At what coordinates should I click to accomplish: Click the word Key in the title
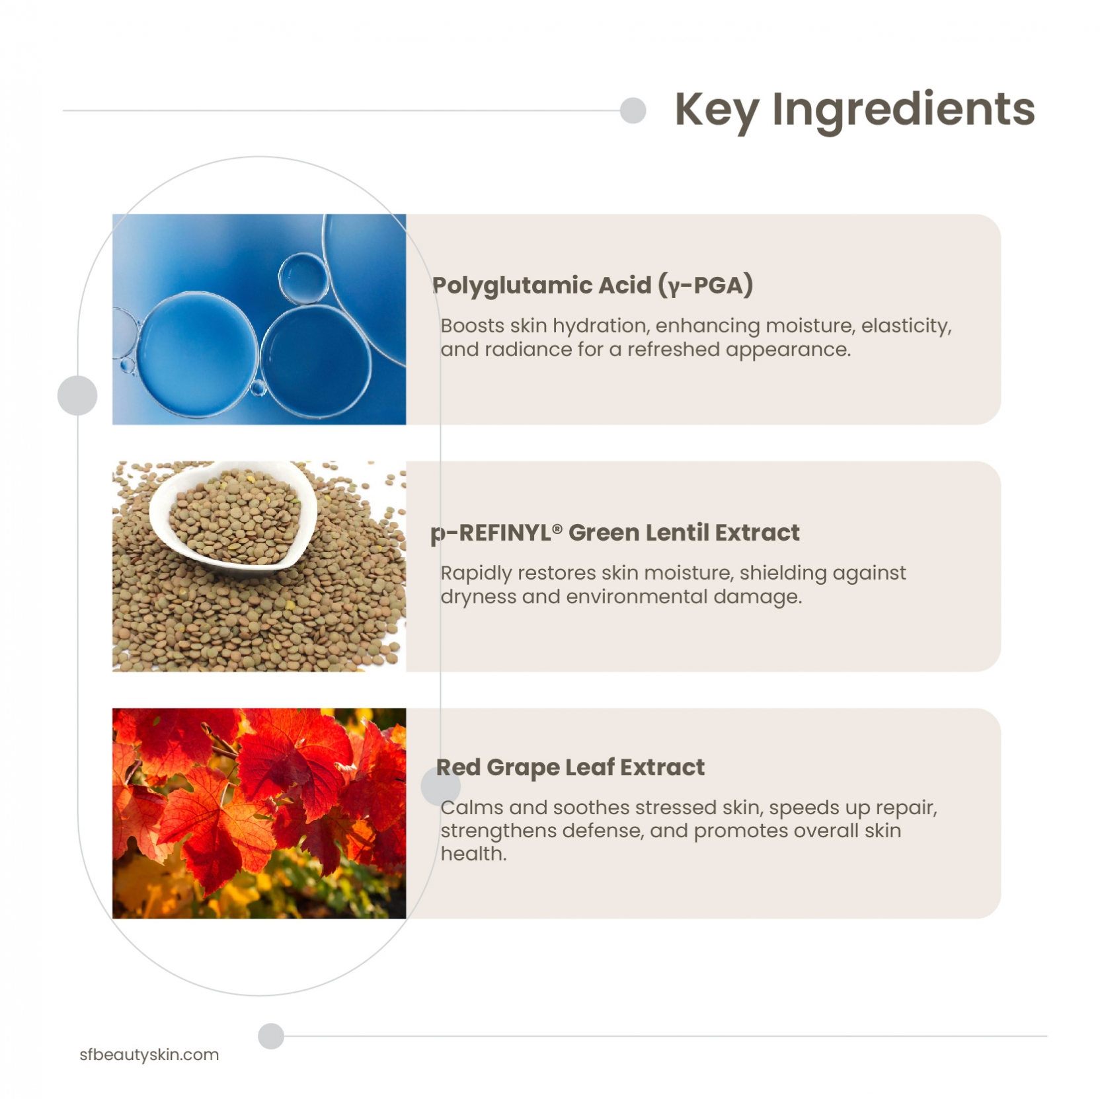pos(716,110)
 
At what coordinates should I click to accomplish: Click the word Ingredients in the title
pos(904,110)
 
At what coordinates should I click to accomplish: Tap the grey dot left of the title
pos(633,110)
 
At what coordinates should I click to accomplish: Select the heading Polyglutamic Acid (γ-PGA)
pos(592,285)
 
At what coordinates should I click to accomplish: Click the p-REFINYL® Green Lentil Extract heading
pos(615,533)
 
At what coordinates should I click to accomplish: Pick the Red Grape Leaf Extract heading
pos(570,767)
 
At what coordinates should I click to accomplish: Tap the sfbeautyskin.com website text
pos(149,1054)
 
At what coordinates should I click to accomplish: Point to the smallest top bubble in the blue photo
pos(303,278)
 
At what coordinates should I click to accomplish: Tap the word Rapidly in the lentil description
pos(476,573)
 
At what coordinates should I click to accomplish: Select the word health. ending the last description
pos(473,854)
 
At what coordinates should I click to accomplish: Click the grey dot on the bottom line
pos(271,1036)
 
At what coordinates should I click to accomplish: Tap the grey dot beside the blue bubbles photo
pos(77,395)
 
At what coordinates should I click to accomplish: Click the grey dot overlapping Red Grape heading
pos(440,786)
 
